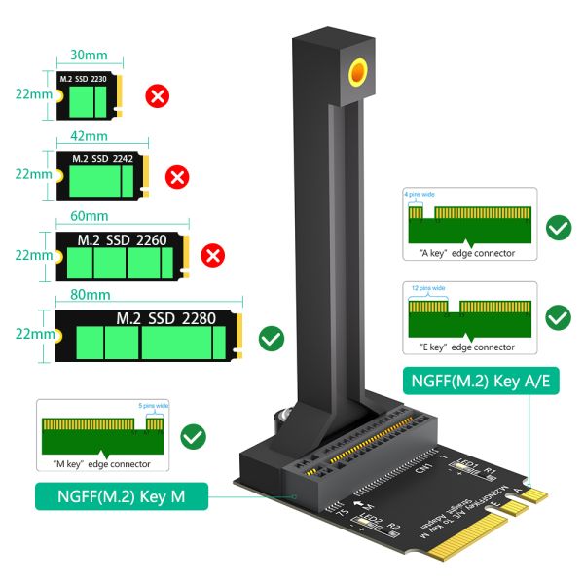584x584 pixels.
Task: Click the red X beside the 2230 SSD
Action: pyautogui.click(x=156, y=95)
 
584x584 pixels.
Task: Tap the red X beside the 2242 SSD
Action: pyautogui.click(x=177, y=176)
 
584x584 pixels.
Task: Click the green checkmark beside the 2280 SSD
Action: pyautogui.click(x=272, y=339)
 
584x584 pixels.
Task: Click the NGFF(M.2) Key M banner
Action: pyautogui.click(x=122, y=497)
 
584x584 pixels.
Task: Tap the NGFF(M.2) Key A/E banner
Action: pyautogui.click(x=480, y=382)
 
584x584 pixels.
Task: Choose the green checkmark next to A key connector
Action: pyautogui.click(x=559, y=228)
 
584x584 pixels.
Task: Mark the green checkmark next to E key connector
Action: pyautogui.click(x=559, y=317)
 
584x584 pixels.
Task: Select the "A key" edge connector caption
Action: pyautogui.click(x=460, y=254)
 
